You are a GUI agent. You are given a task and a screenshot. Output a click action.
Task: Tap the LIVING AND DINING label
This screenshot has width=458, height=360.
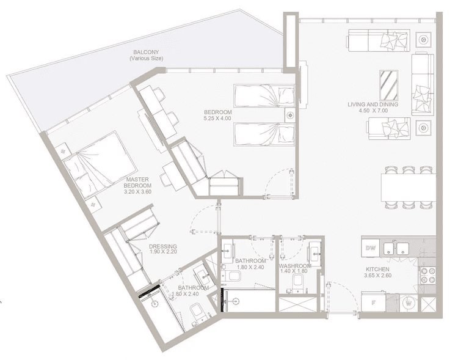coord(373,105)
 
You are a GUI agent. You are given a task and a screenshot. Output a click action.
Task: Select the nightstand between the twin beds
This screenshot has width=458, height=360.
coord(289,114)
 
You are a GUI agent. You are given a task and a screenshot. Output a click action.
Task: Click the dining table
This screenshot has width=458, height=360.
coord(408,187)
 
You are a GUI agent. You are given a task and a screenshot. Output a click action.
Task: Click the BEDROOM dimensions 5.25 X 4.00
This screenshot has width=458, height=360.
coord(217,119)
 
